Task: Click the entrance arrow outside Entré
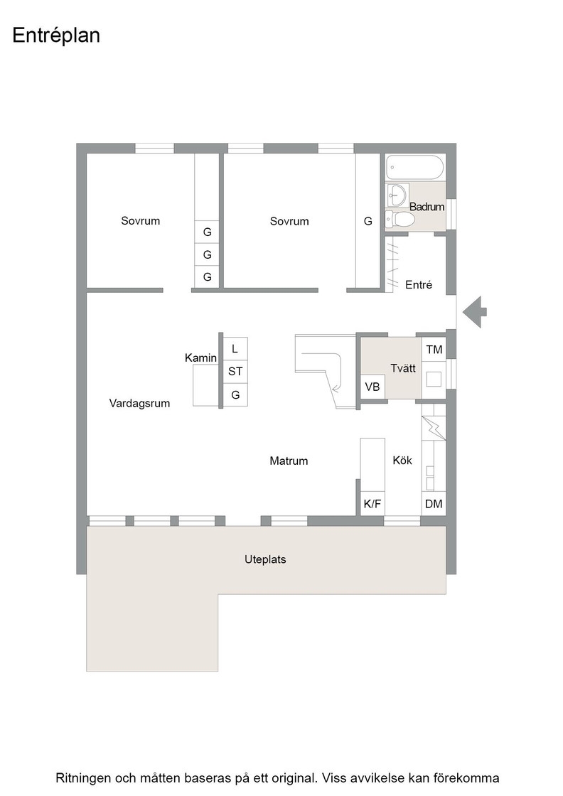474,312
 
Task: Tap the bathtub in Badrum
414,167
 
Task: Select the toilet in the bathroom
400,220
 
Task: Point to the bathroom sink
397,195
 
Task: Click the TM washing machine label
434,349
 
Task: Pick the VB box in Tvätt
372,387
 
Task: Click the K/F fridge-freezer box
372,504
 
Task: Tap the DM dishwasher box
434,504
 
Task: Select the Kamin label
200,358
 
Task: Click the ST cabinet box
235,371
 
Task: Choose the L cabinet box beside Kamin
235,349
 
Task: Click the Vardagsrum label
139,404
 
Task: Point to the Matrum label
289,461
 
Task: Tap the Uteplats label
265,559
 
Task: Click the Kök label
402,461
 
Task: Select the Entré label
418,285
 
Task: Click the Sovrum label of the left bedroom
140,221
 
